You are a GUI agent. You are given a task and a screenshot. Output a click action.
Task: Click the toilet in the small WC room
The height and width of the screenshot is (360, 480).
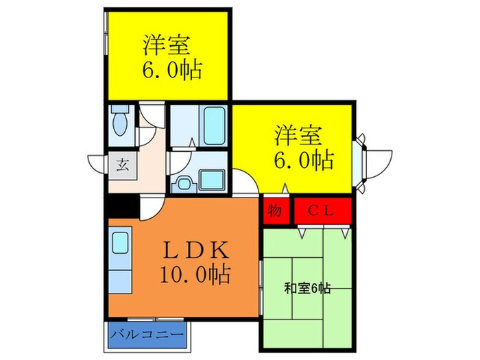[119, 124]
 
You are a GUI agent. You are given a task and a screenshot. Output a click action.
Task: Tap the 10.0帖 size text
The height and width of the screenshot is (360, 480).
[194, 276]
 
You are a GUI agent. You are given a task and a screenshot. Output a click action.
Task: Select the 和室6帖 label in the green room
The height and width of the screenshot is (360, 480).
[307, 288]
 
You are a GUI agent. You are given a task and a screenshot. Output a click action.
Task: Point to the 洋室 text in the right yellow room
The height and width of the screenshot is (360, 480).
[300, 134]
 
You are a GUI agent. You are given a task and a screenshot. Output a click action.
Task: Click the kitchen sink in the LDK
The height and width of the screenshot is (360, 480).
[121, 242]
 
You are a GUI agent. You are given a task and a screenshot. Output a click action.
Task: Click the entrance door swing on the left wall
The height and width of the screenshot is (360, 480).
[97, 163]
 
